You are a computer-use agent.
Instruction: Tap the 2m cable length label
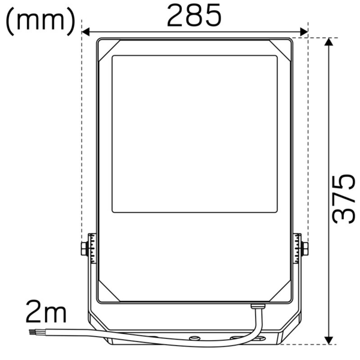46,313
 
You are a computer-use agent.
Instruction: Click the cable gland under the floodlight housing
257,308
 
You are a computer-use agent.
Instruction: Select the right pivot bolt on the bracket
305,248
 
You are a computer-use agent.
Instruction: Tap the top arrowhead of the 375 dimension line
329,42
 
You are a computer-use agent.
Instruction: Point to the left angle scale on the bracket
92,248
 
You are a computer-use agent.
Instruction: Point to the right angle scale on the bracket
297,248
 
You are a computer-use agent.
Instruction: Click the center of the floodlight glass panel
194,134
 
